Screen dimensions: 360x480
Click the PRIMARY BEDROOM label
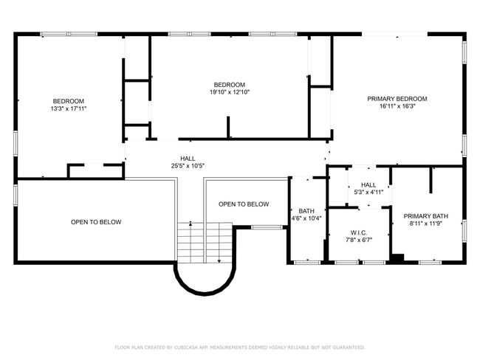click(x=398, y=99)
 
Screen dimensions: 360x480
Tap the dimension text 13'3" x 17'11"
click(x=68, y=109)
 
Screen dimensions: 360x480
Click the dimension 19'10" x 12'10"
click(x=229, y=92)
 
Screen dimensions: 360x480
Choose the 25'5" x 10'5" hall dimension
click(x=188, y=166)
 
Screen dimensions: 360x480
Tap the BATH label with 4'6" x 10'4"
click(x=306, y=210)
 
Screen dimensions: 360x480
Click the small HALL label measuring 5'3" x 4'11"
click(x=368, y=185)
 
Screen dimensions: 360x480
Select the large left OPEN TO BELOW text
click(x=96, y=222)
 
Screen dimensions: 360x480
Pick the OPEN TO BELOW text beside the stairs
click(x=244, y=204)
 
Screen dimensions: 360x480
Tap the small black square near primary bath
click(x=397, y=258)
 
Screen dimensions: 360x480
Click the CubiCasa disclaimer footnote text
click(x=239, y=347)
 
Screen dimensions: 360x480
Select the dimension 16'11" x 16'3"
click(x=398, y=106)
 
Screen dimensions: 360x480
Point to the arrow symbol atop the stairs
click(x=191, y=223)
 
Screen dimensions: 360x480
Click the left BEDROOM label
click(x=68, y=101)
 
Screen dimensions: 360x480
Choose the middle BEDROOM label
click(x=229, y=84)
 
